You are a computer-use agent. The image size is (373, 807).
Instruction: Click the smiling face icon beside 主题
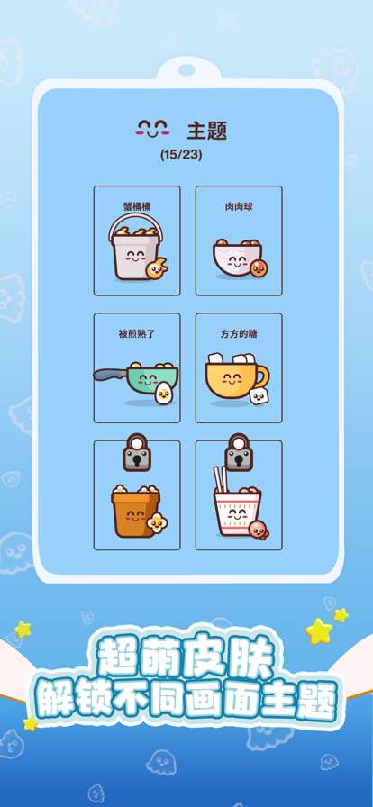(153, 129)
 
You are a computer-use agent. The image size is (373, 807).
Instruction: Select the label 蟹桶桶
(137, 206)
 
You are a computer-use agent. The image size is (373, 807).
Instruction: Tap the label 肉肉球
(239, 206)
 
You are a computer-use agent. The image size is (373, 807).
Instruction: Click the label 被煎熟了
(137, 333)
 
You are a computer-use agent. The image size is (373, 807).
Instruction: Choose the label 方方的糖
(239, 333)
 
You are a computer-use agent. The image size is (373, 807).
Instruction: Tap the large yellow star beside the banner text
(318, 630)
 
